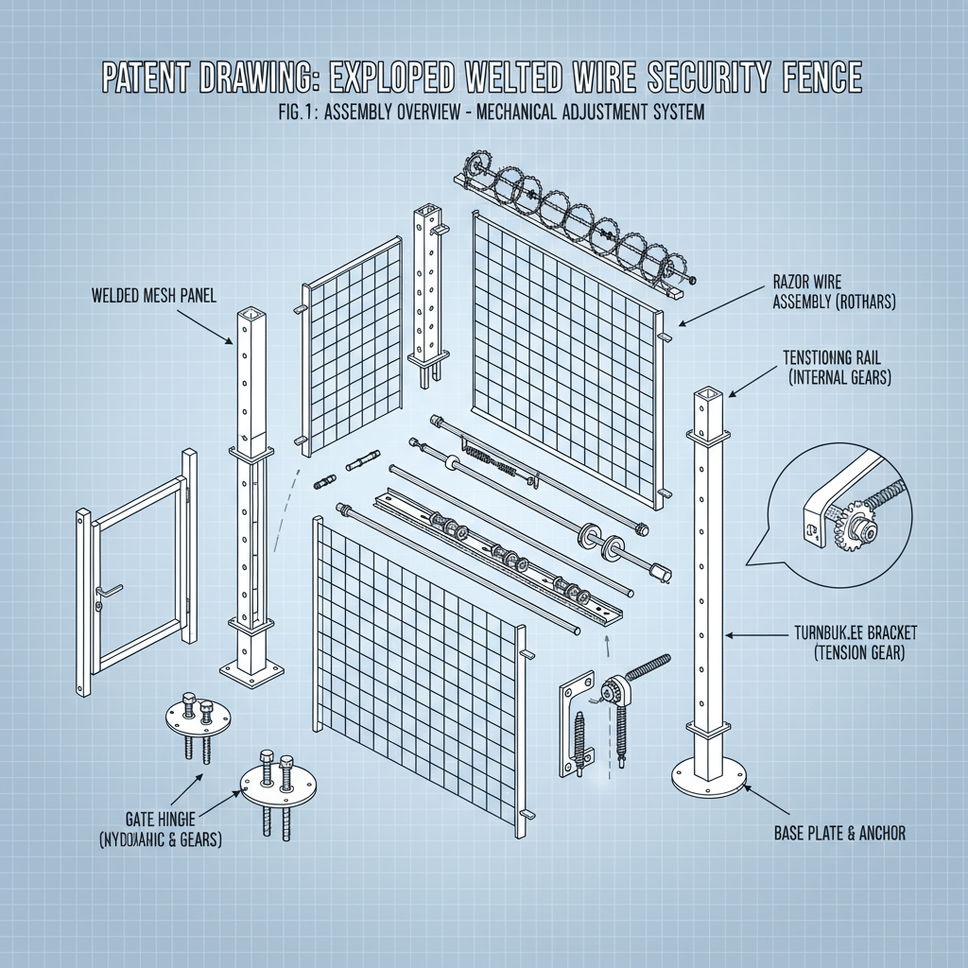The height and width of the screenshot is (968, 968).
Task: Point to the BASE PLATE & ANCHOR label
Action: click(x=838, y=833)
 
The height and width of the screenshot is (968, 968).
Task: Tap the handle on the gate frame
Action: click(x=108, y=591)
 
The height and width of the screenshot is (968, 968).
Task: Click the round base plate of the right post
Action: click(x=709, y=776)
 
